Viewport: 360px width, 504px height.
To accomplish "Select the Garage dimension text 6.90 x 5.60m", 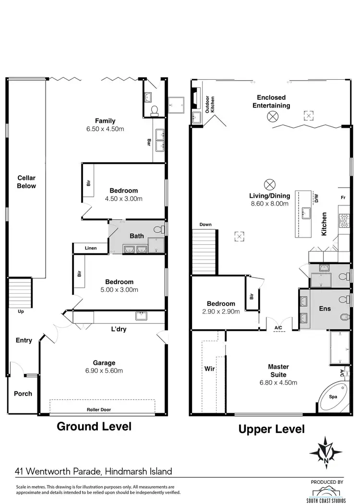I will tap(104, 371).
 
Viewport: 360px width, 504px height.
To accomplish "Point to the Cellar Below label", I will tap(26, 182).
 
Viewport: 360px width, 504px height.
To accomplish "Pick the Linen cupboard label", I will tap(90, 248).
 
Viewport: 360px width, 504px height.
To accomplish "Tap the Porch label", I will tap(23, 394).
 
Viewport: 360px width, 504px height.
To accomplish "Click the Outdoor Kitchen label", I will tap(210, 105).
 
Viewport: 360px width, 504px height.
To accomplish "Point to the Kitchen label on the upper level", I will tap(324, 224).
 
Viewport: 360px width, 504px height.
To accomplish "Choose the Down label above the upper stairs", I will tap(205, 224).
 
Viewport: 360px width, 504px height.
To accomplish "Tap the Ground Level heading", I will tap(94, 426).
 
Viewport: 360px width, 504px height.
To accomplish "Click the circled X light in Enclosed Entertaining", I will tap(273, 116).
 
